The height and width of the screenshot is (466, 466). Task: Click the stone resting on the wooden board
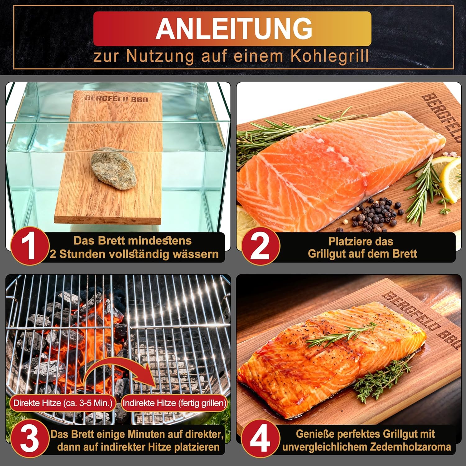114,169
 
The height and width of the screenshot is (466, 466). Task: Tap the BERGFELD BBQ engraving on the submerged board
117,99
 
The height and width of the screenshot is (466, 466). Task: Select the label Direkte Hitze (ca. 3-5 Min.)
63,403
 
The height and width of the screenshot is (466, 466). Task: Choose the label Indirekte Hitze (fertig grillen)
174,403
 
